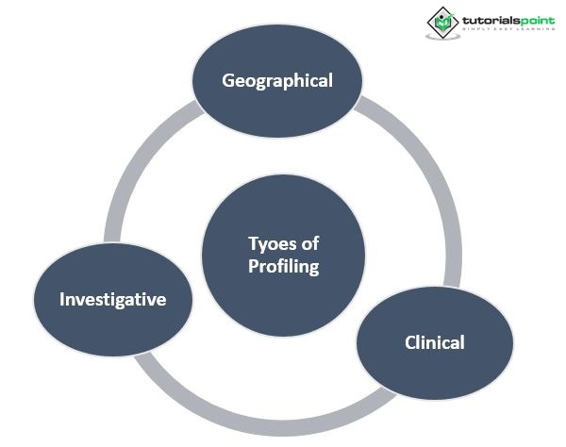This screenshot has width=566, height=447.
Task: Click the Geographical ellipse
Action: point(277,80)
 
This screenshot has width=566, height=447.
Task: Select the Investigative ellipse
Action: point(113,300)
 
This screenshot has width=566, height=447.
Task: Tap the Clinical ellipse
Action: point(434,342)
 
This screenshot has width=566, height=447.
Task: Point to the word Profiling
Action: point(283,267)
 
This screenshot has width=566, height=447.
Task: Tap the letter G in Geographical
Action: point(228,80)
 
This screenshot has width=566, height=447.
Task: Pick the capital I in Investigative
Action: point(62,300)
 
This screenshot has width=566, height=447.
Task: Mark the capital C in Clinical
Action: point(410,342)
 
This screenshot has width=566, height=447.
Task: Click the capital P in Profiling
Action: point(253,267)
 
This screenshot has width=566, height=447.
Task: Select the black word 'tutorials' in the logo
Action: point(490,18)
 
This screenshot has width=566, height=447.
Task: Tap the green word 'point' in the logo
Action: point(537,19)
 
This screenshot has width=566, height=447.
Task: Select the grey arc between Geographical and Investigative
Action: point(132,179)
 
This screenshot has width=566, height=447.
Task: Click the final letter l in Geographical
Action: point(330,80)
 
